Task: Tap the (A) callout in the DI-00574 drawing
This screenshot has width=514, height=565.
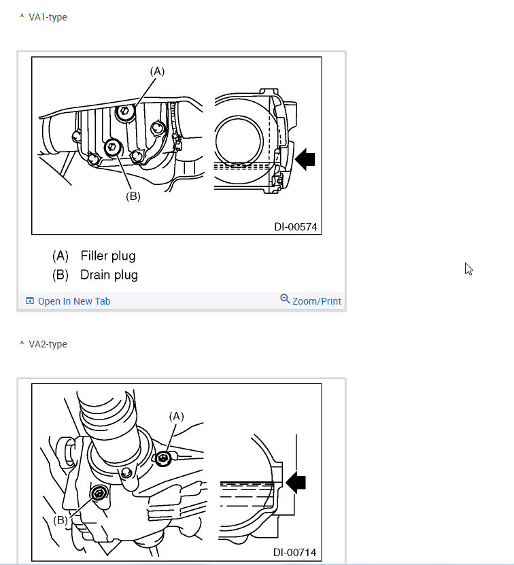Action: coord(157,71)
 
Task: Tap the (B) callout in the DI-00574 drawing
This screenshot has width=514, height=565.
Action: coord(133,196)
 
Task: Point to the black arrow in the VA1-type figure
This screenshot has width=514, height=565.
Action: coord(305,159)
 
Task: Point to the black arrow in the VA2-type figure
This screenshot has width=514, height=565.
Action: coord(296,482)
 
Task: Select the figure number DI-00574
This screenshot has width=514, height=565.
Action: coord(296,226)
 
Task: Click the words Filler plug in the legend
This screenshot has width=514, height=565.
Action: coord(108,256)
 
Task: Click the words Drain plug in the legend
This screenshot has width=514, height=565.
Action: coord(109,275)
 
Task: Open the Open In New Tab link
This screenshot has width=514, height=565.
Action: coord(73,301)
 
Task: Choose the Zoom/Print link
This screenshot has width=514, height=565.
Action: coord(317,301)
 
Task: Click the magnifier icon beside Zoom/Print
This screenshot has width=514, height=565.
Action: coord(285,299)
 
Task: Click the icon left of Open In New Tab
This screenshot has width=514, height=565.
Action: coord(30,301)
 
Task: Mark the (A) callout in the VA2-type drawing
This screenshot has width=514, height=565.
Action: coord(176,415)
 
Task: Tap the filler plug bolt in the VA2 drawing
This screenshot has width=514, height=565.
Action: coord(162,460)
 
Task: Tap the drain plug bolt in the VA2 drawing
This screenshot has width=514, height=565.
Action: coord(100,492)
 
